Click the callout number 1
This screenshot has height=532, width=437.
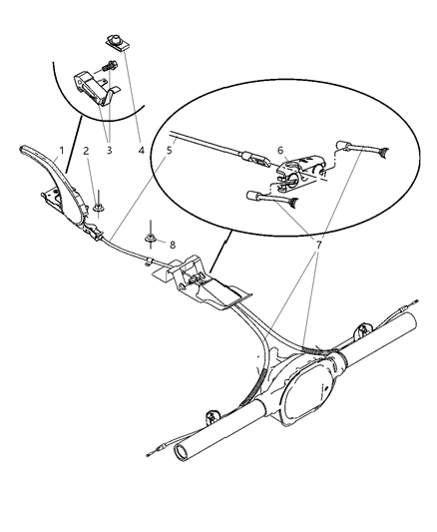click(61, 152)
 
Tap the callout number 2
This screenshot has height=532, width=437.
click(87, 152)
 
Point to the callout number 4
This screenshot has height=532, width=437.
click(141, 152)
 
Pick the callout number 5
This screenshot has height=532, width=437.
click(170, 152)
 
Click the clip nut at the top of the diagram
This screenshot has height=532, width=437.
click(116, 42)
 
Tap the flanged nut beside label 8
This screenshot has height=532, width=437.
click(149, 239)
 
